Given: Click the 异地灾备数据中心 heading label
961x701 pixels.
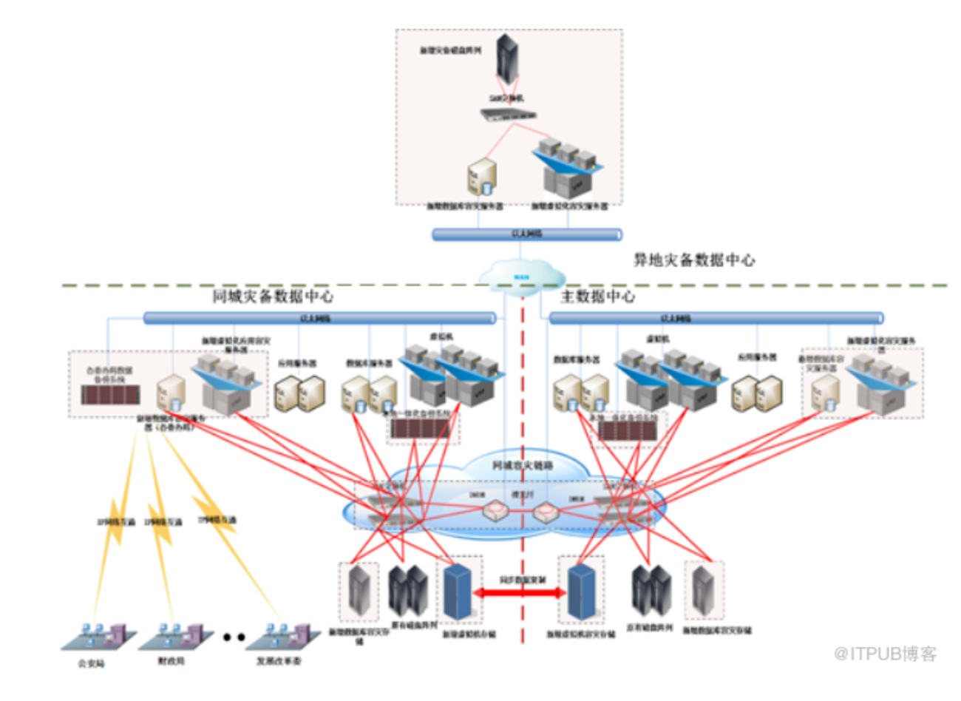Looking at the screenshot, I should (x=694, y=260).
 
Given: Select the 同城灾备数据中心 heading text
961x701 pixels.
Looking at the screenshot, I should (x=273, y=297).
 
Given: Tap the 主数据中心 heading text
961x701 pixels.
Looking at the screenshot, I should (x=597, y=297).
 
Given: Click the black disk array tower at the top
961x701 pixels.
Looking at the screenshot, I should (x=507, y=59).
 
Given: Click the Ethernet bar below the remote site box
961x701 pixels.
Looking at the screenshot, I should (x=526, y=234).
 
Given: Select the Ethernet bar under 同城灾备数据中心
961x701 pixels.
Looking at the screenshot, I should (x=319, y=318).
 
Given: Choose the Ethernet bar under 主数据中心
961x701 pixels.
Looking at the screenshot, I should (x=716, y=318).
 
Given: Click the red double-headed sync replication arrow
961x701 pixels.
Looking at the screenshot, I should (x=521, y=592).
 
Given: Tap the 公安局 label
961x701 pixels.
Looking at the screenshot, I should (x=92, y=663).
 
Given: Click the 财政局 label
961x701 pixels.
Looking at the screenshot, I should (x=171, y=661).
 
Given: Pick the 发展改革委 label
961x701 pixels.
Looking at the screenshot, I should (x=279, y=661).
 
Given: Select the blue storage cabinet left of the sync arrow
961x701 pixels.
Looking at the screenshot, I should (x=459, y=592).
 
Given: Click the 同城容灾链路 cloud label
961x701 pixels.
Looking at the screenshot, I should (x=523, y=465).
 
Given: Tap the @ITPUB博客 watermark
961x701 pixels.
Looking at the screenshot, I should (x=886, y=654).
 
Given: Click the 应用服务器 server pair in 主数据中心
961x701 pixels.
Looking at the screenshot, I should (x=757, y=393).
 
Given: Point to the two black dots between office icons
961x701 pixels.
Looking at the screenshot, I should (x=234, y=637).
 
